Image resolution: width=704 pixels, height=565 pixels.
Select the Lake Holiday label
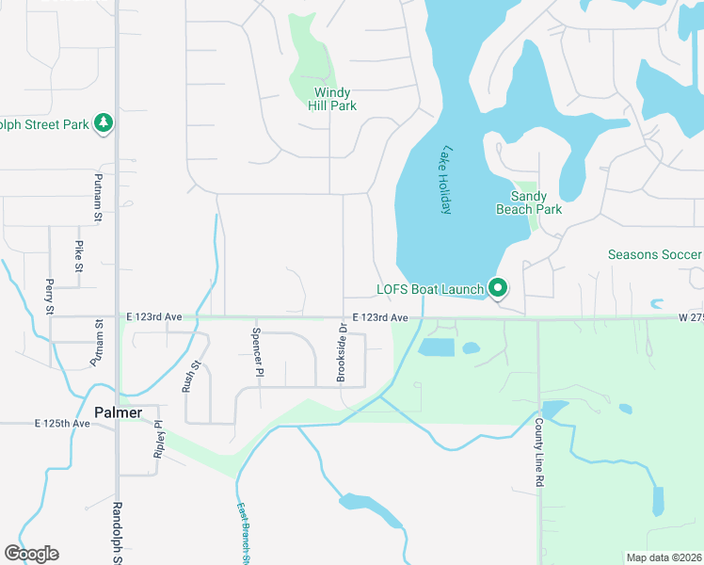coord(447,180)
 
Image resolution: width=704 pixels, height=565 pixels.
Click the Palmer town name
coord(119,412)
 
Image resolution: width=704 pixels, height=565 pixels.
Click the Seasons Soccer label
coord(654,255)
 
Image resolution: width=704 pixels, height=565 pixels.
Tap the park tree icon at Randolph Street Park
coord(103,123)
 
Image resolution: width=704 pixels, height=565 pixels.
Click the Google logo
coord(31,554)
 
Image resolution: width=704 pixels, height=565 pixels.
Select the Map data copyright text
coord(664,557)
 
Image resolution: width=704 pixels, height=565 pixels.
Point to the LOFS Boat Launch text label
coord(430,289)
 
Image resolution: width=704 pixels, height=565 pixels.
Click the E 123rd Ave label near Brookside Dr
coord(380,318)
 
